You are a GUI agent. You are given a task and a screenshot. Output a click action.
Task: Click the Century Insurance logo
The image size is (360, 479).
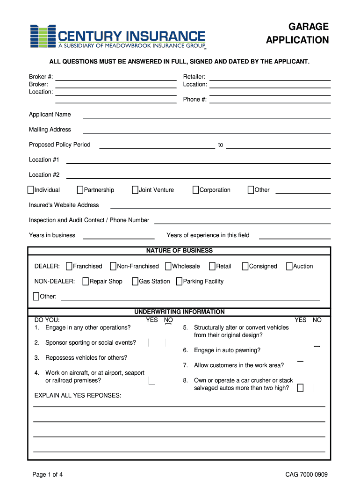(x=118, y=36)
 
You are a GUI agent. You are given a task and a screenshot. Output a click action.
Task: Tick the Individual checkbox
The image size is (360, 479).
(x=31, y=190)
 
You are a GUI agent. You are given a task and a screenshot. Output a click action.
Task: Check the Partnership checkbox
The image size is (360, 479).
(x=80, y=190)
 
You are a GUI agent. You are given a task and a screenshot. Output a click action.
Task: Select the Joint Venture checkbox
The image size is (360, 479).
(x=135, y=190)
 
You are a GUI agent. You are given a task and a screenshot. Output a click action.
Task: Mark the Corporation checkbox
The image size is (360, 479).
(x=196, y=190)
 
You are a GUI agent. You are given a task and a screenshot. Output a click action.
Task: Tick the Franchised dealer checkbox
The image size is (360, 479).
(x=69, y=266)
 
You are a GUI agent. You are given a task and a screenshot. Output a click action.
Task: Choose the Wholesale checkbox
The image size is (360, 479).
(x=168, y=266)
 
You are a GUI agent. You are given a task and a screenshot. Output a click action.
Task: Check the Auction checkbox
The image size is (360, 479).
(x=289, y=266)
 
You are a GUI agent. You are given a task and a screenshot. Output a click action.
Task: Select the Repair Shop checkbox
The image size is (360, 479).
(x=86, y=281)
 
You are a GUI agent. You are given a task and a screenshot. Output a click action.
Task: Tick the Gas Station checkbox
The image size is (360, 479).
(x=135, y=281)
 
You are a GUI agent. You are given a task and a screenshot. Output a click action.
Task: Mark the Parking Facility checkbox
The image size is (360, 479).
(x=179, y=281)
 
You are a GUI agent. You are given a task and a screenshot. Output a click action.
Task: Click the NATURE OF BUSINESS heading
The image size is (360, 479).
(x=180, y=251)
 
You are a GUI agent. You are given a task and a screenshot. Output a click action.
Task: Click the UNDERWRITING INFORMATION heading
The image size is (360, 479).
(x=180, y=312)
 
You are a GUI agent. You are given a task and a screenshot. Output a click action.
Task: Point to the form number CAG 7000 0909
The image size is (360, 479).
(x=307, y=474)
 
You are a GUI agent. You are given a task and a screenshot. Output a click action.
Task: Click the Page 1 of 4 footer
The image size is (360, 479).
(x=48, y=474)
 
